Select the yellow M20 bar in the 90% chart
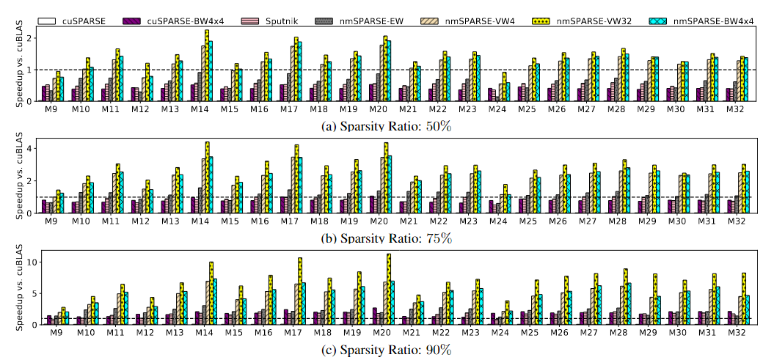(388, 289)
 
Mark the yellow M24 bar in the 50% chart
(504, 87)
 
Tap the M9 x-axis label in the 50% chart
(51, 109)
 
